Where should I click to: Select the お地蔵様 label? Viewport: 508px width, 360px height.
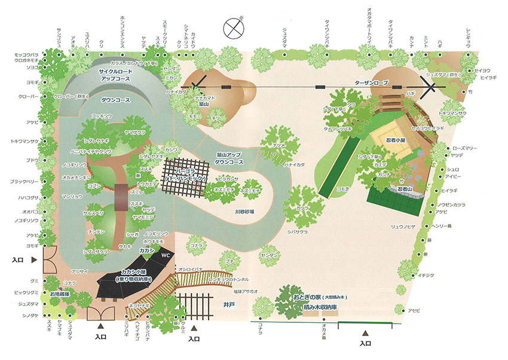[x=60, y=294]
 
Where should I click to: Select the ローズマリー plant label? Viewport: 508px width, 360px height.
[x=466, y=147]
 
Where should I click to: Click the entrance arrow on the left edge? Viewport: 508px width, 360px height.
[x=34, y=260]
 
